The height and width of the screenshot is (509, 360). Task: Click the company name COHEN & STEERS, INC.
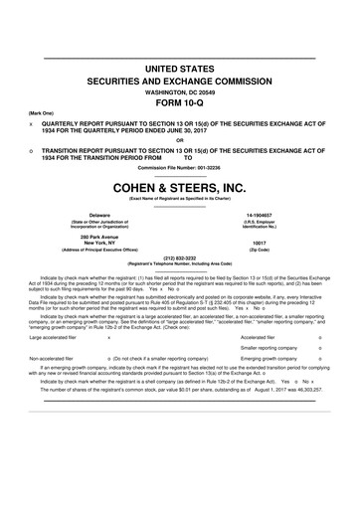[x=179, y=187]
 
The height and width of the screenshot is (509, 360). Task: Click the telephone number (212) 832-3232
[x=179, y=256]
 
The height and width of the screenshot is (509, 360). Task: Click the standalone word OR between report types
[x=179, y=138]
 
